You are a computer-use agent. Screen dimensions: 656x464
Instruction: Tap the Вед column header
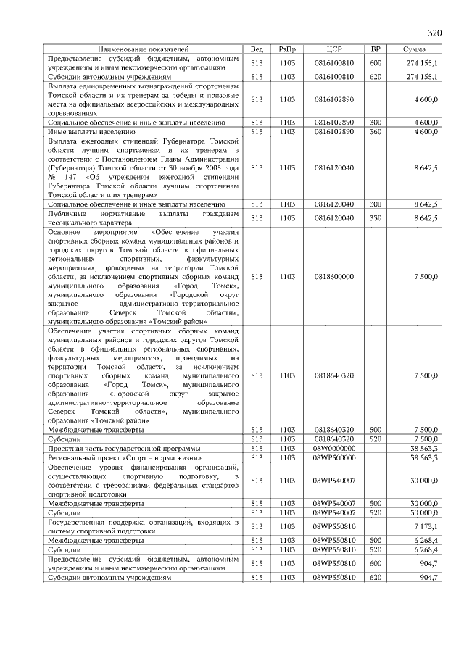point(257,49)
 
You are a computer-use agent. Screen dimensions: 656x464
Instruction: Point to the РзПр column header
point(288,49)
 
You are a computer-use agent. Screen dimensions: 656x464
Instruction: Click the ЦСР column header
point(334,49)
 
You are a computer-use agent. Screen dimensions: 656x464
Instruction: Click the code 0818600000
point(334,276)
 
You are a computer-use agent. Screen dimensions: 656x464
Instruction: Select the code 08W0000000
point(334,449)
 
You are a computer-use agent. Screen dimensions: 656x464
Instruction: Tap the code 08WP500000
point(334,458)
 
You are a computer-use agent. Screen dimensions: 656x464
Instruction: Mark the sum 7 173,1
point(425,526)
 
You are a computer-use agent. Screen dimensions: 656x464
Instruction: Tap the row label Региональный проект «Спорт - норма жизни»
point(124,458)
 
